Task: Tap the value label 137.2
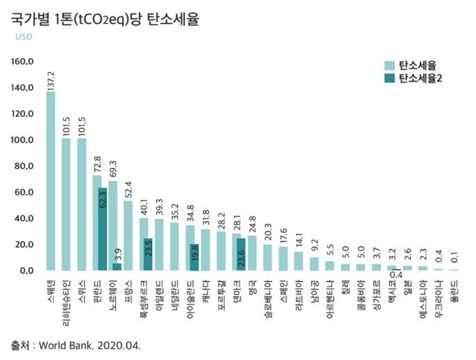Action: point(51,78)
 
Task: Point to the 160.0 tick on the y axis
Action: point(22,62)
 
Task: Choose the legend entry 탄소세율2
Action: point(421,78)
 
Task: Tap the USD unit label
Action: point(25,36)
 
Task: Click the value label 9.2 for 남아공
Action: point(315,245)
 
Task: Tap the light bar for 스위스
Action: point(82,205)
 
